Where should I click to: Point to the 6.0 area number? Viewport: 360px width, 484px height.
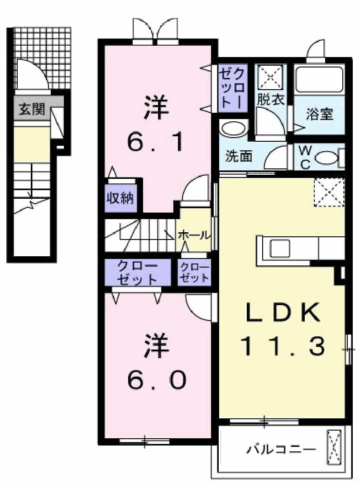point(157,379)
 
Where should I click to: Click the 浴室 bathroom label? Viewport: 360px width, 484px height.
point(319,115)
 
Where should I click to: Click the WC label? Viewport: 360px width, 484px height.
point(305,157)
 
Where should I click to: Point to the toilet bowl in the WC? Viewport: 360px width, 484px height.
point(326,158)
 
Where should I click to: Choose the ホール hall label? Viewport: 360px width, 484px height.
point(194,235)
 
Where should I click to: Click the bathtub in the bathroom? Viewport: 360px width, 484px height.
point(319,80)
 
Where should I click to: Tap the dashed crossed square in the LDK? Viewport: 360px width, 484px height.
point(329,192)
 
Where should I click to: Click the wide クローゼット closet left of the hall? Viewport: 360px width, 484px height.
point(138,272)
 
